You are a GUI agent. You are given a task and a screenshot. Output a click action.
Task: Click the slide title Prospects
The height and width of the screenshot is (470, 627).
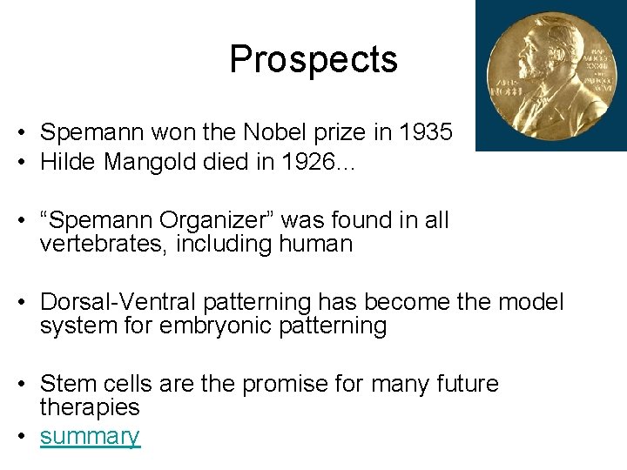313,60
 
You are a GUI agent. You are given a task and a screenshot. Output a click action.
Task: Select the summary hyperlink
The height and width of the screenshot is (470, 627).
90,436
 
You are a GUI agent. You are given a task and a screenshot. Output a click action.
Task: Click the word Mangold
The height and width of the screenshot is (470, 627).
147,162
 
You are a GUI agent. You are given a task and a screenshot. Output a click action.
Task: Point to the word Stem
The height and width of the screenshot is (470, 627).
66,384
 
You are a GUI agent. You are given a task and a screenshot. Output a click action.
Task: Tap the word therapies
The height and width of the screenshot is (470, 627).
90,407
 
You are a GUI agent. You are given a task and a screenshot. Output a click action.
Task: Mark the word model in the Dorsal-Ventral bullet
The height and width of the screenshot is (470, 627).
531,302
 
